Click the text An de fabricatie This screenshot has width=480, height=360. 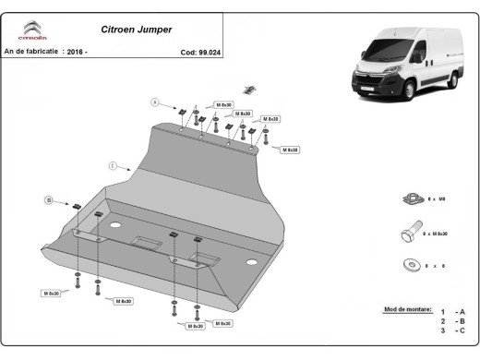(31, 52)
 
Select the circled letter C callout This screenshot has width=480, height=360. (112, 166)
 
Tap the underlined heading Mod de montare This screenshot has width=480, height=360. (404, 311)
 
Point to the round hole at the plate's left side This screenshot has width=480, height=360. (115, 226)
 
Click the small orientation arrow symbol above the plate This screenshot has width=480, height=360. (247, 90)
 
